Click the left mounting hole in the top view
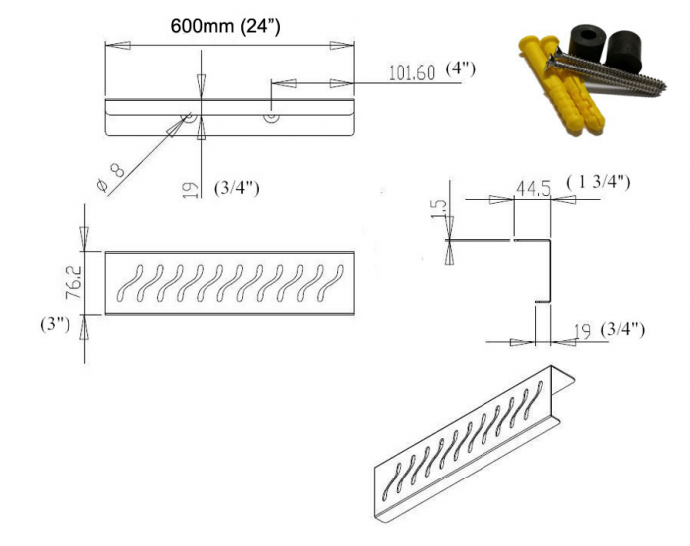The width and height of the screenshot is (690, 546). point(185,116)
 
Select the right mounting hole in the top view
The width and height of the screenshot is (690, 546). point(270,116)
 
